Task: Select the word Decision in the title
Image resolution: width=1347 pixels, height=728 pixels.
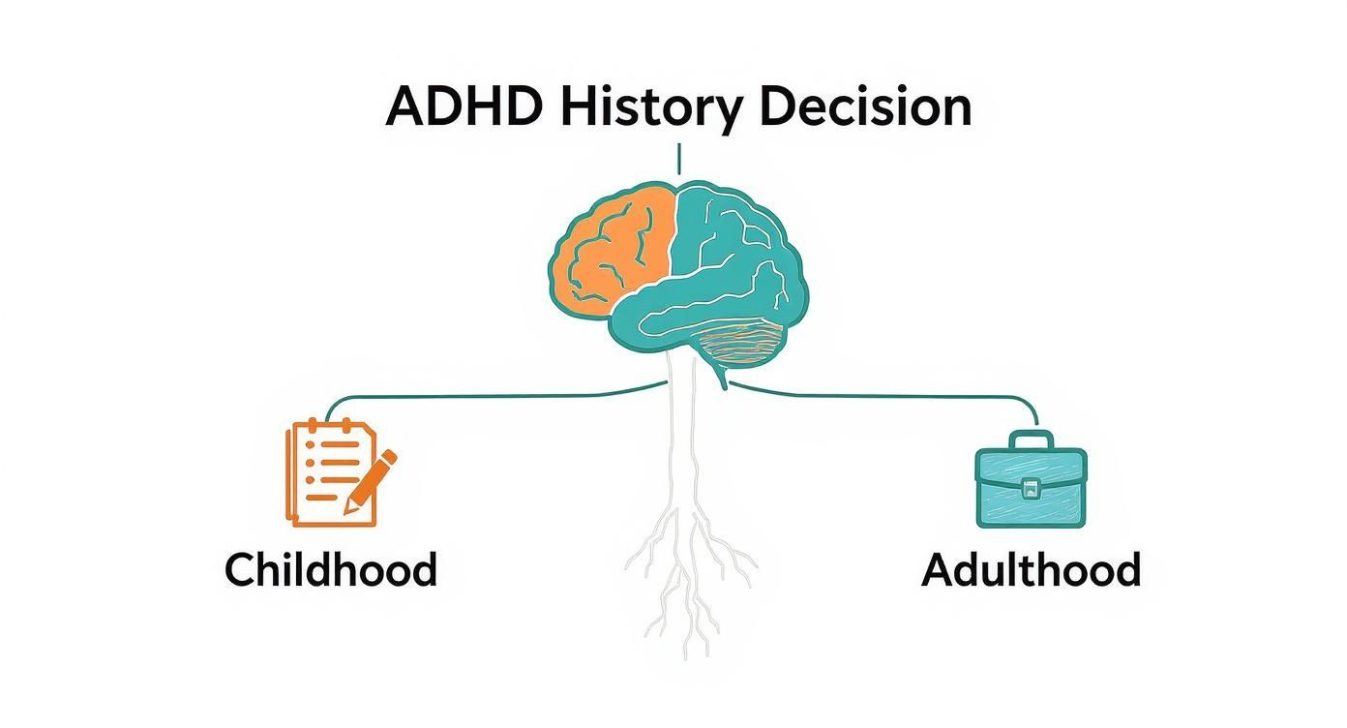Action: [x=865, y=106]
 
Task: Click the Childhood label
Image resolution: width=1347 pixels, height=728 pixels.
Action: [x=331, y=569]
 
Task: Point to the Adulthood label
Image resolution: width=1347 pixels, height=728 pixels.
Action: [x=1032, y=569]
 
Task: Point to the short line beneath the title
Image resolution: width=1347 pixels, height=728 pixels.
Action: [x=679, y=158]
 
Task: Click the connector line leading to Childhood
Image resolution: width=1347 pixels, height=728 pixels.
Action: [x=464, y=395]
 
